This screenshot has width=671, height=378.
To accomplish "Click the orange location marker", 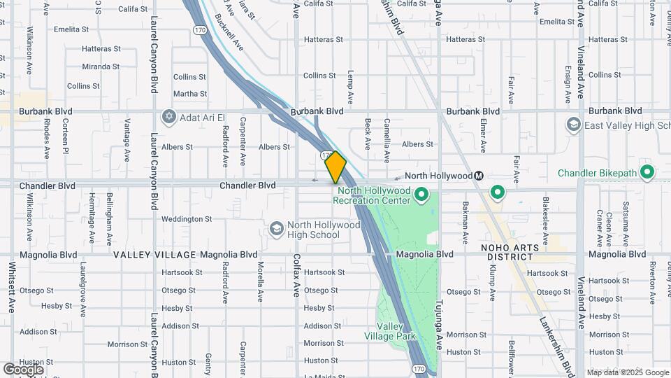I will (x=335, y=167).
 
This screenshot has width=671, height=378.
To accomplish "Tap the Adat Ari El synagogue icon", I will (x=168, y=115).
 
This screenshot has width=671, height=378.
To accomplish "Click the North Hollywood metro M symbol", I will (x=479, y=176).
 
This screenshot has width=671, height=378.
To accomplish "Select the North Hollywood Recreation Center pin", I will (x=421, y=193).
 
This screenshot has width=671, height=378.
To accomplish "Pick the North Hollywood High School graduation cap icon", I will (x=277, y=229).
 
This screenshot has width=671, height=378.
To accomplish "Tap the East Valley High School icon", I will (x=574, y=125).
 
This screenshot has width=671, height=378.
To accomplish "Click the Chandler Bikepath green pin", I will (x=647, y=171).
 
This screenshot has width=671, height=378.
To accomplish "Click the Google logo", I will (x=23, y=369).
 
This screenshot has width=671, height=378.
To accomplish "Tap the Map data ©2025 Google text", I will (x=628, y=372).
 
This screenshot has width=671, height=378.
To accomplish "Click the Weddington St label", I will (x=187, y=219).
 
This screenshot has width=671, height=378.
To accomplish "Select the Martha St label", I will (x=190, y=94).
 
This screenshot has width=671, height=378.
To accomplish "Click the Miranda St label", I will (x=101, y=66).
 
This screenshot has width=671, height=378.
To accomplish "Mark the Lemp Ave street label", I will (x=351, y=83).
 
